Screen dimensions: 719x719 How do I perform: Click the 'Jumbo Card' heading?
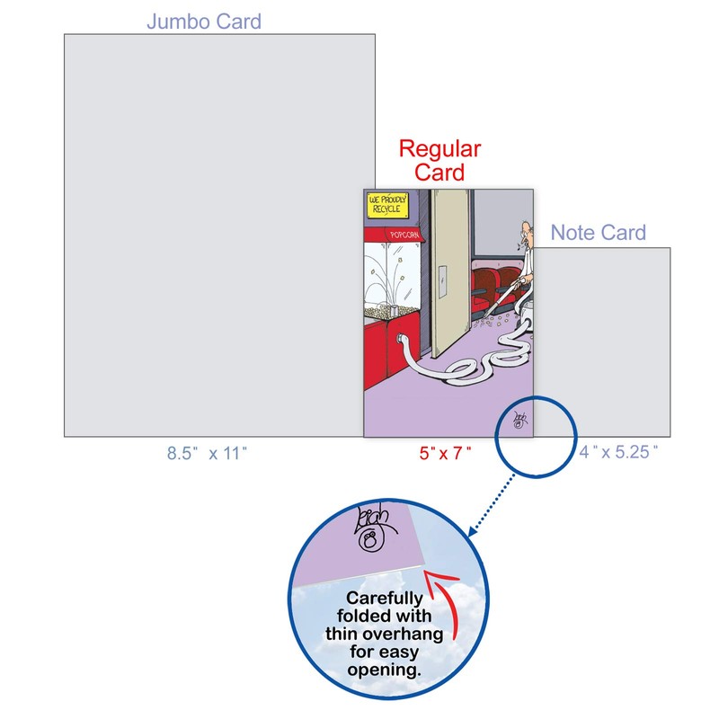204,20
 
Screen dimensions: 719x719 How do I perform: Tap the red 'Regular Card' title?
439,160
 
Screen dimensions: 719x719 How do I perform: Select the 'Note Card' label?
598,233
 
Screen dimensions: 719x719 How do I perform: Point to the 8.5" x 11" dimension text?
207,454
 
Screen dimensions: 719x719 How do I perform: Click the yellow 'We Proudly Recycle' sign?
387,205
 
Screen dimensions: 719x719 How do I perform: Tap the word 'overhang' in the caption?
407,635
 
